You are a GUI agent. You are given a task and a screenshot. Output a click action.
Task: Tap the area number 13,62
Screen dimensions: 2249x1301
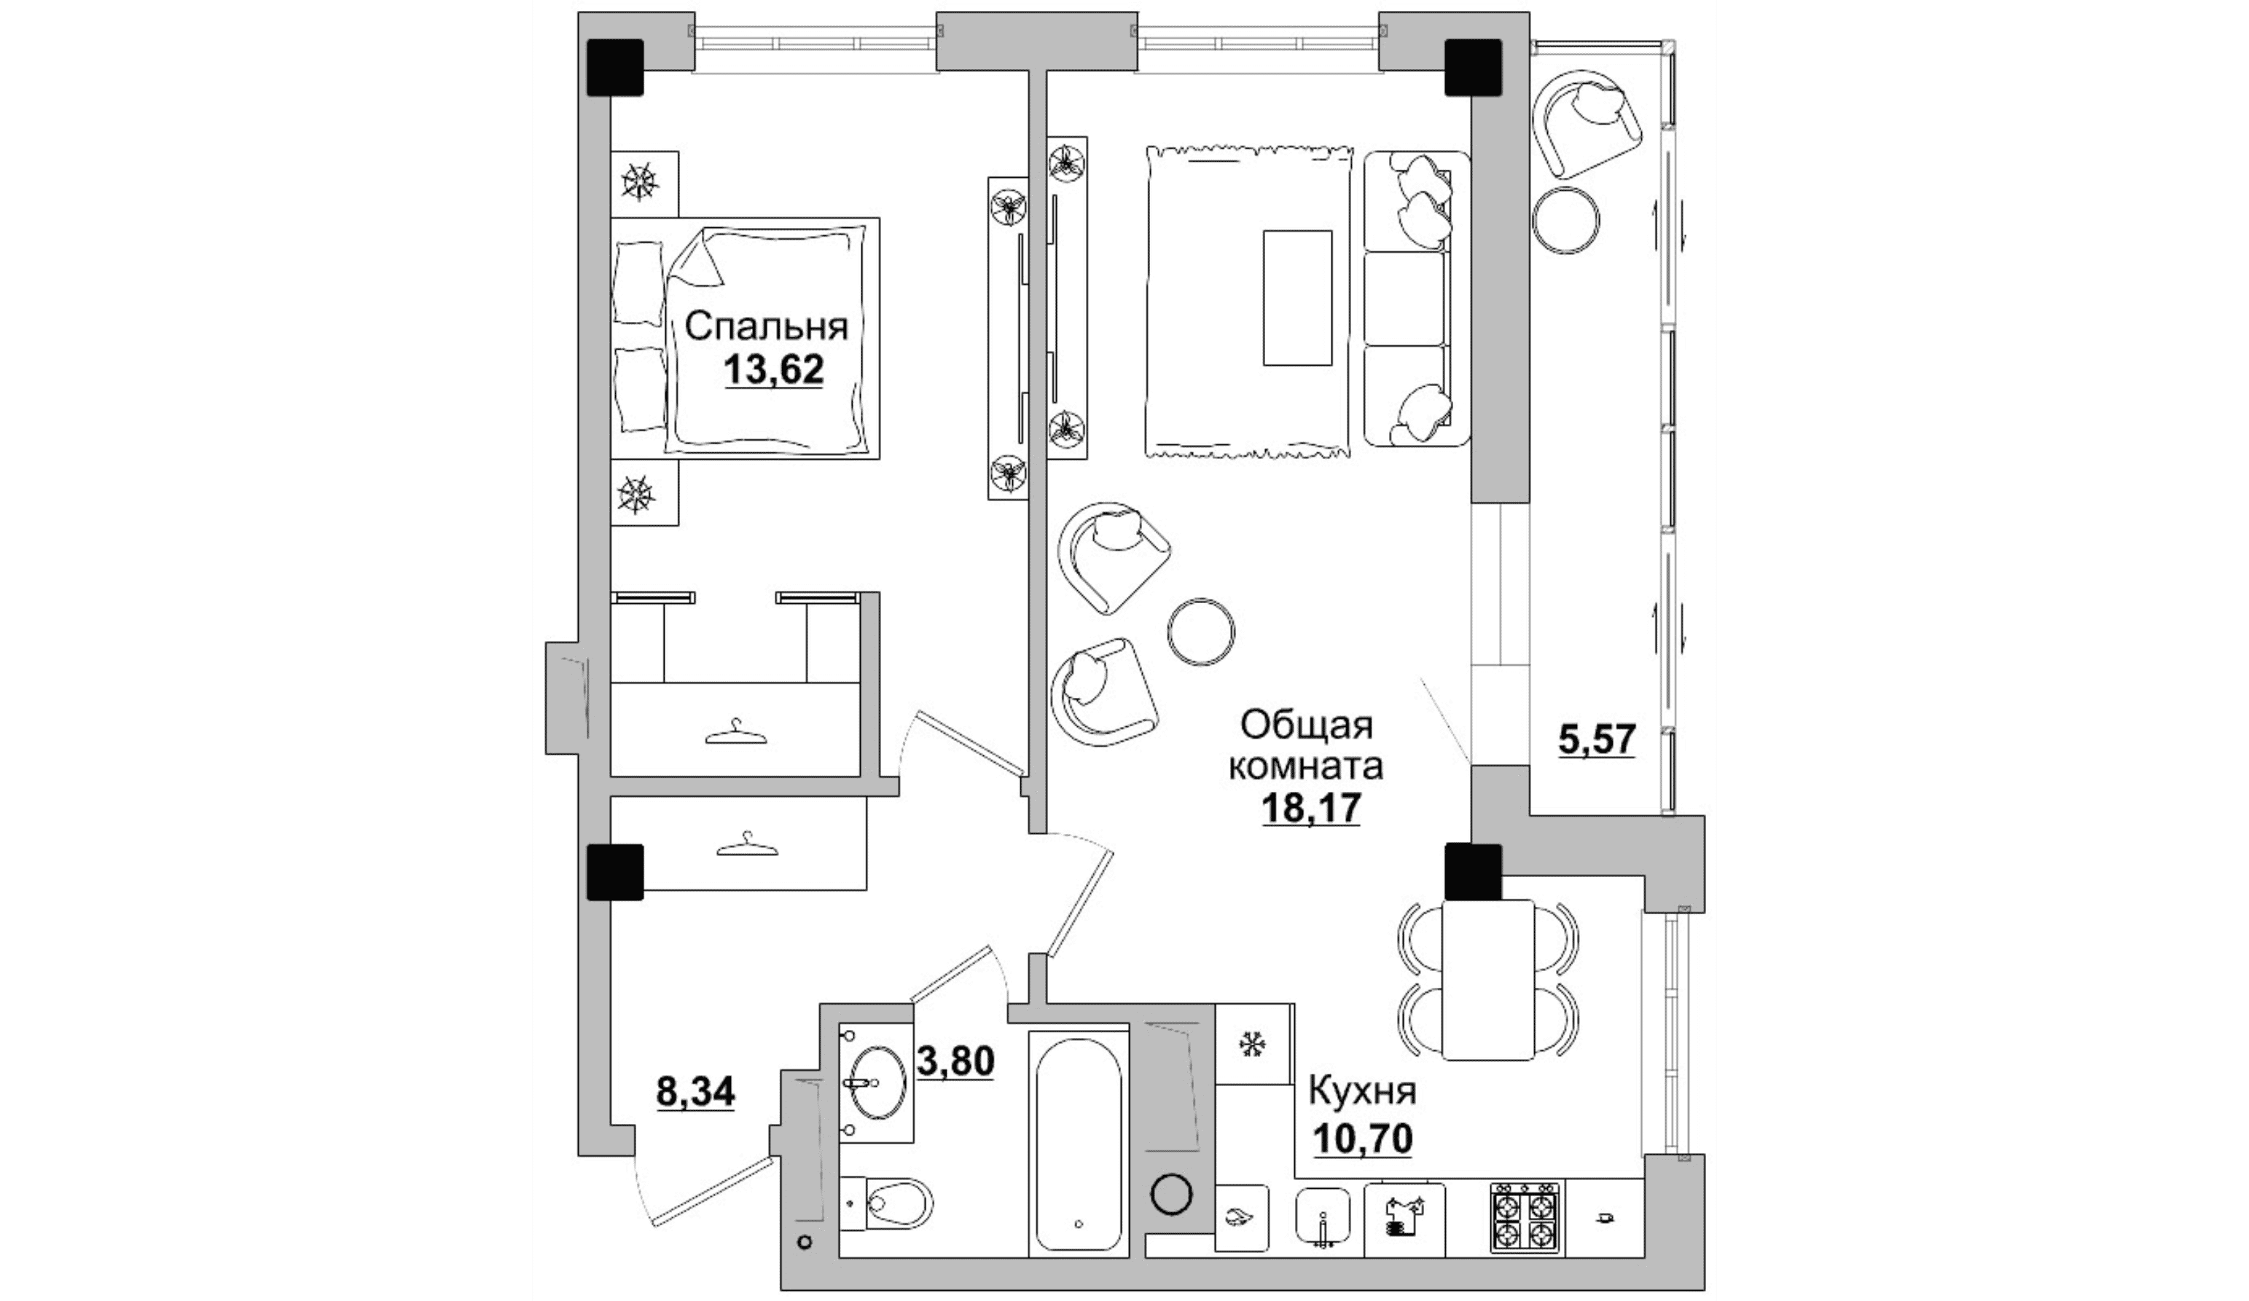[x=773, y=369]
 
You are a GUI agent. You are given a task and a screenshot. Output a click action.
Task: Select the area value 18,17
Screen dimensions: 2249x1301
[x=1310, y=809]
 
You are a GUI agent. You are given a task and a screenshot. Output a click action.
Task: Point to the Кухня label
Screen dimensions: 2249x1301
[x=1362, y=1091]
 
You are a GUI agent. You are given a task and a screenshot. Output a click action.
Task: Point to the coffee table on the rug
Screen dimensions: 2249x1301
[x=1296, y=297]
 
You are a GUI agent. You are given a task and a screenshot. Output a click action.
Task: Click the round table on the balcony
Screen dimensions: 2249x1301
[x=1565, y=219]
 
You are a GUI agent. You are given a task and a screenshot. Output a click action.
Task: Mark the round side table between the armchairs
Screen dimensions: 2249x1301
[x=1201, y=630]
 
